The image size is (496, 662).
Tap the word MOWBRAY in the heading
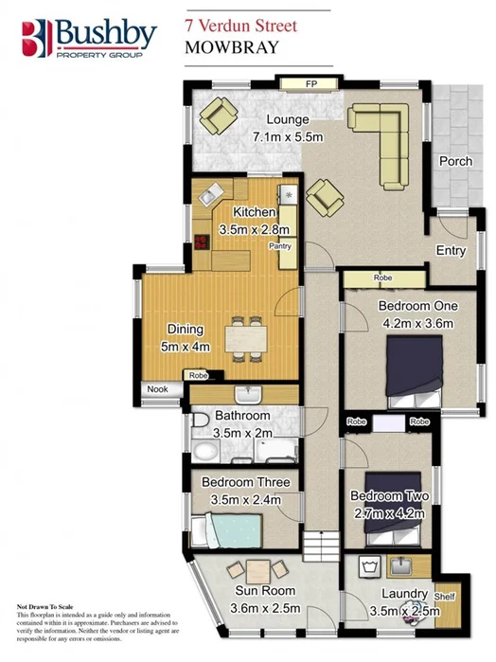click(231, 44)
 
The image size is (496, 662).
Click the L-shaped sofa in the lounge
click(384, 142)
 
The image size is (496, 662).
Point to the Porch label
click(455, 161)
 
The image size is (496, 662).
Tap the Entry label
click(451, 250)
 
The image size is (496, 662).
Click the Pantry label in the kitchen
click(279, 246)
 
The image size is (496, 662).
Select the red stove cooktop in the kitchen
click(202, 241)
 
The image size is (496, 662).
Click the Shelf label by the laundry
click(445, 597)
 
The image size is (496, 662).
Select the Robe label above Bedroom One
click(382, 278)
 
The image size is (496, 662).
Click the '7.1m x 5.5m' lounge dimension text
click(288, 137)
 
